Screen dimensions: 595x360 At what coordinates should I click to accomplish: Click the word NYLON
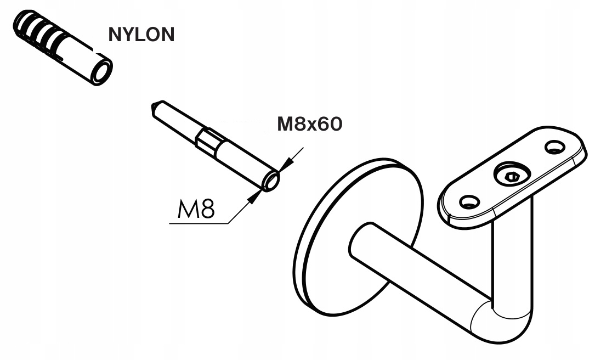[141, 34]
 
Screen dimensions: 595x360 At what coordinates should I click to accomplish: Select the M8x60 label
[310, 124]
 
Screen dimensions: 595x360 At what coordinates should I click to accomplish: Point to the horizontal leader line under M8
[199, 223]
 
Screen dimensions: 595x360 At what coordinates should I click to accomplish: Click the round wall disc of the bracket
[356, 237]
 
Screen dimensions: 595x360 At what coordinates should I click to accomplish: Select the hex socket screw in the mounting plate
[512, 176]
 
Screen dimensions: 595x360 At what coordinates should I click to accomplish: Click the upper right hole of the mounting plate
[555, 147]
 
